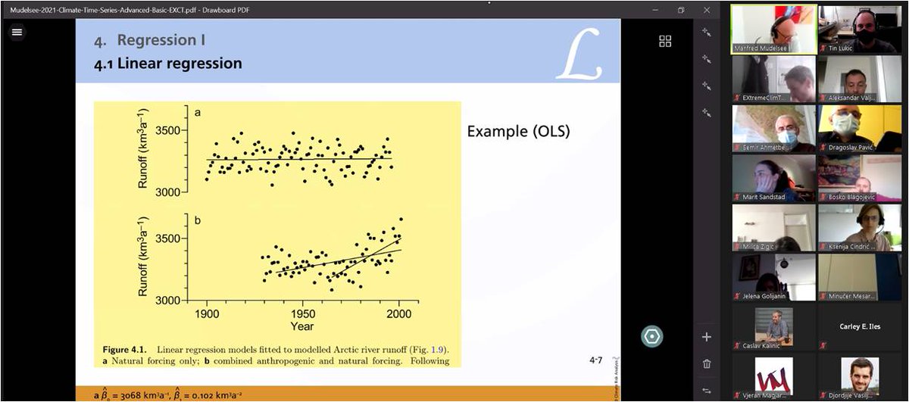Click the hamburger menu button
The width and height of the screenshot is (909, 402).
17,32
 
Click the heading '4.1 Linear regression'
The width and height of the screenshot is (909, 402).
168,64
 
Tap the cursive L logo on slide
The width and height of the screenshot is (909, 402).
579,54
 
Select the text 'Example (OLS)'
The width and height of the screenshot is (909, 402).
518,131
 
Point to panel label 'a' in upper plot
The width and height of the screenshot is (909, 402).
198,112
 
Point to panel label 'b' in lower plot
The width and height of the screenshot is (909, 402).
198,220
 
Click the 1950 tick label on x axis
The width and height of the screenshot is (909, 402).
303,313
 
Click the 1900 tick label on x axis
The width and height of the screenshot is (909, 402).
207,313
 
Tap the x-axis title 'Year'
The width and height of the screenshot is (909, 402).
302,326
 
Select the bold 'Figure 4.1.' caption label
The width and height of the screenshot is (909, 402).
127,350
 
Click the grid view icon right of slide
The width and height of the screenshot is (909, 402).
665,41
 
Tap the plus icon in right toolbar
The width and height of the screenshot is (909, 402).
707,337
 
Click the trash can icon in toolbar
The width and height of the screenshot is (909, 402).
707,364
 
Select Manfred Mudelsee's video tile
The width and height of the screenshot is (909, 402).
773,29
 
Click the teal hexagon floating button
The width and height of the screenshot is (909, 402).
651,336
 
